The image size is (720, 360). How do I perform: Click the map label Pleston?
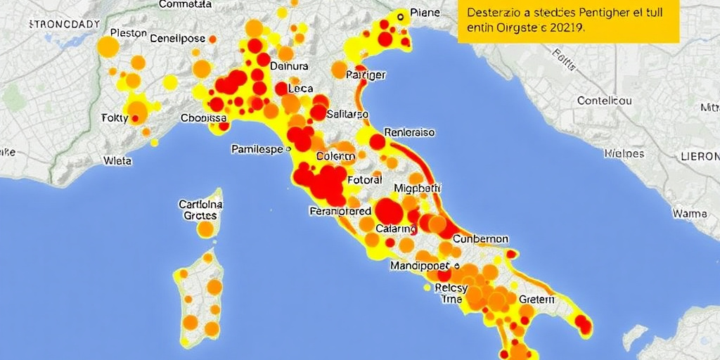tap(129, 33)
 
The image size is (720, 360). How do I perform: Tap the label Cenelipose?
tap(178, 38)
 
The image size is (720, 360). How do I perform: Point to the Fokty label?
tap(115, 117)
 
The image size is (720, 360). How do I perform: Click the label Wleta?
tap(117, 160)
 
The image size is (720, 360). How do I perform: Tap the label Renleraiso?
tap(409, 132)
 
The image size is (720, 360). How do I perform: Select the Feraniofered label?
tap(340, 211)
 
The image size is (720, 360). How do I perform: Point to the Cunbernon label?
tap(480, 239)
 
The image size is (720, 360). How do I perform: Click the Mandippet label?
tap(420, 266)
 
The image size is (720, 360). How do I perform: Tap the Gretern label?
tap(536, 299)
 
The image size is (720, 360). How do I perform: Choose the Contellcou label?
tap(604, 101)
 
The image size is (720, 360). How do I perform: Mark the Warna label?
tap(690, 212)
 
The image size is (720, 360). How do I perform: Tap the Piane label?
tap(425, 13)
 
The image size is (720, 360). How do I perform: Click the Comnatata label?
tap(186, 4)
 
